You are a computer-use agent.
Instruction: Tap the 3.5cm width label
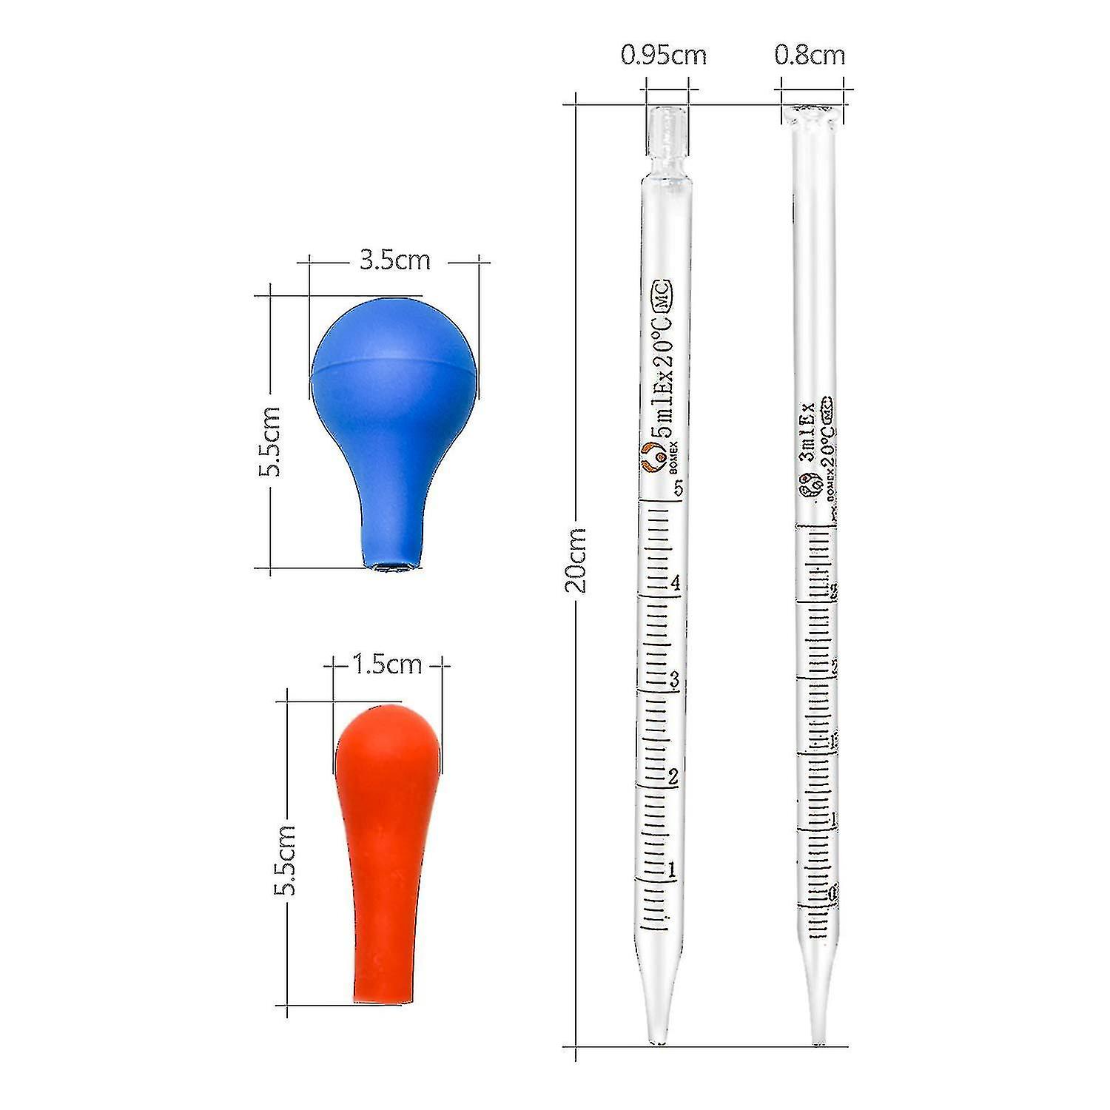click(394, 260)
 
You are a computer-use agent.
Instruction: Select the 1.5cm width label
click(386, 664)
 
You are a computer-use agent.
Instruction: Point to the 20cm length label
click(576, 559)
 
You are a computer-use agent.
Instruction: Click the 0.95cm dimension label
click(663, 55)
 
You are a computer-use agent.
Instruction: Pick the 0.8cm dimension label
click(810, 55)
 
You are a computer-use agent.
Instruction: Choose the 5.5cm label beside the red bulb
click(285, 860)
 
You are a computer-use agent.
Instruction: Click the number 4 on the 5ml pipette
click(675, 583)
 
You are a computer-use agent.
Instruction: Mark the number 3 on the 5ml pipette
click(674, 679)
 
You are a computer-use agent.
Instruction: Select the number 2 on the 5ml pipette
click(673, 776)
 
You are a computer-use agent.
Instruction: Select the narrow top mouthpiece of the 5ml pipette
click(664, 133)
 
